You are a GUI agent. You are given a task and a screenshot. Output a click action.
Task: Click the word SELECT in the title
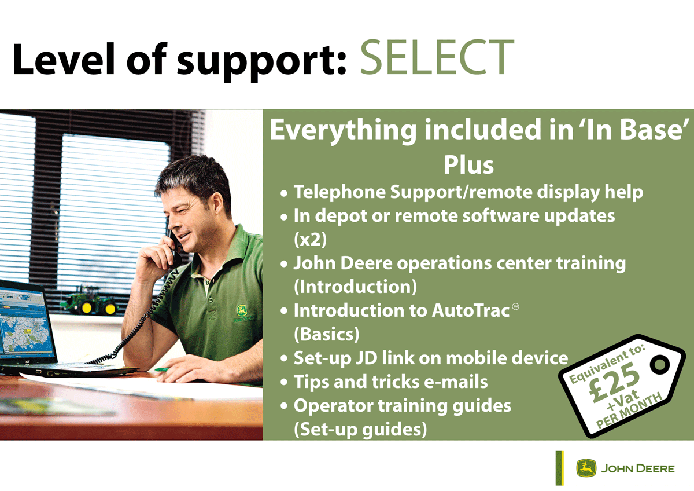point(437,58)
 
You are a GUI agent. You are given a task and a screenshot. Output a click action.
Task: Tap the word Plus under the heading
point(468,165)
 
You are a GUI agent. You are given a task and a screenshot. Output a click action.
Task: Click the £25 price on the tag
point(614,382)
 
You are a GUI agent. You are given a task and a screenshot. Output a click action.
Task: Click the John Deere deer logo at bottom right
point(586,468)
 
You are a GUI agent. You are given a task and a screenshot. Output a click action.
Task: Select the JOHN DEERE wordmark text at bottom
point(638,468)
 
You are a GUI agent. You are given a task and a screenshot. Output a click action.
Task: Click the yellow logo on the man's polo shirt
point(241,312)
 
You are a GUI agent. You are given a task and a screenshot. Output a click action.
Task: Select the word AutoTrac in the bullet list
point(471,310)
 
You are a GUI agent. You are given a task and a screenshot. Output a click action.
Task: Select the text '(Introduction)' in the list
point(353,287)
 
